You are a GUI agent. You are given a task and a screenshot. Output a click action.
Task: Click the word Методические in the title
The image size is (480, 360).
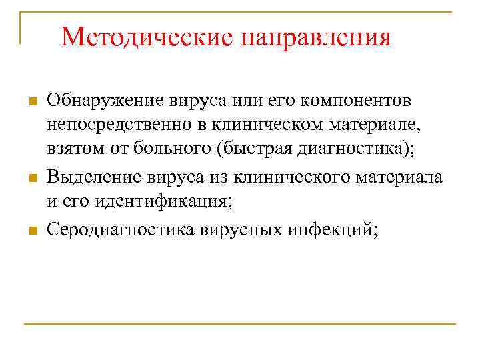click(147, 37)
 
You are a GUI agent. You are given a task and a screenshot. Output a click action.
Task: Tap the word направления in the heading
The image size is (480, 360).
click(316, 37)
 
